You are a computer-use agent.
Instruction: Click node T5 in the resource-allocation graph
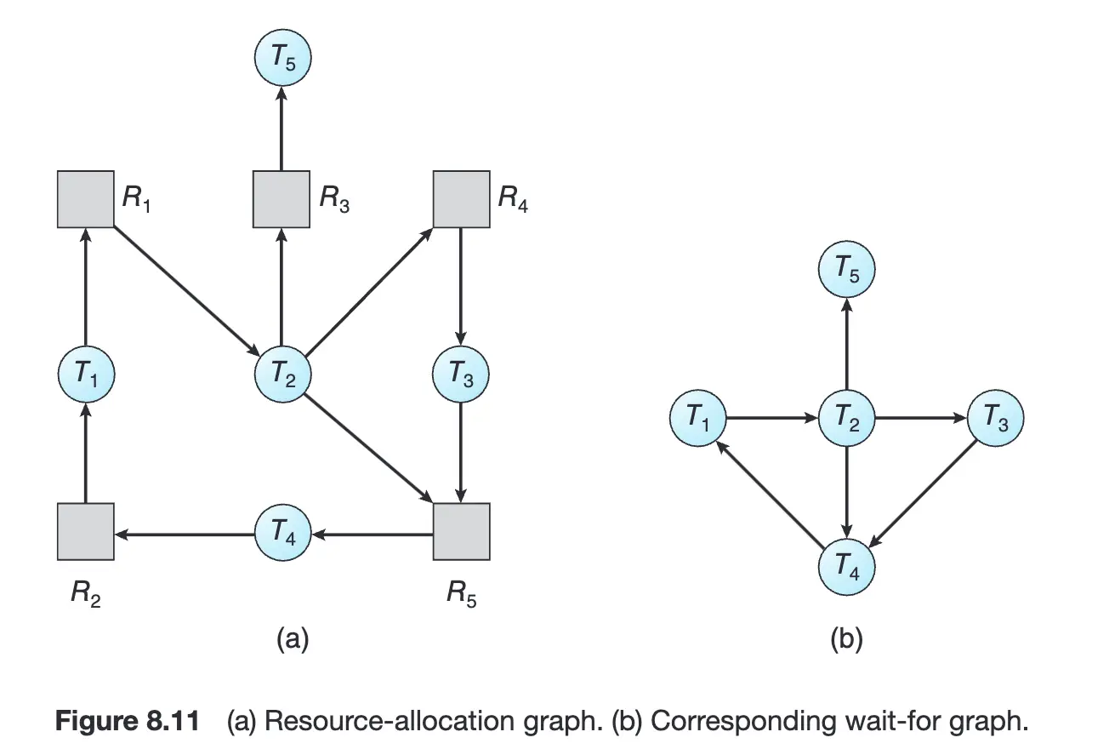pyautogui.click(x=283, y=60)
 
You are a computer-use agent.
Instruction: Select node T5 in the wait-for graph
pyautogui.click(x=846, y=272)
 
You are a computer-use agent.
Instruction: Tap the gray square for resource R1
pyautogui.click(x=85, y=199)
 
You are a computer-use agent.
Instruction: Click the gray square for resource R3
pyautogui.click(x=282, y=199)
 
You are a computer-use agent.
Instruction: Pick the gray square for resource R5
pyautogui.click(x=461, y=532)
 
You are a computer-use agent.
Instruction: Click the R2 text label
pyautogui.click(x=86, y=594)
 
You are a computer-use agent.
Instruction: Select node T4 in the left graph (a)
pyautogui.click(x=283, y=532)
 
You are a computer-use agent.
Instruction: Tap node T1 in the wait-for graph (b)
pyautogui.click(x=697, y=419)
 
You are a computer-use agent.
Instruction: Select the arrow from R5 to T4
pyautogui.click(x=372, y=534)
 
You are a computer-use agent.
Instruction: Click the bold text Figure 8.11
pyautogui.click(x=128, y=721)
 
